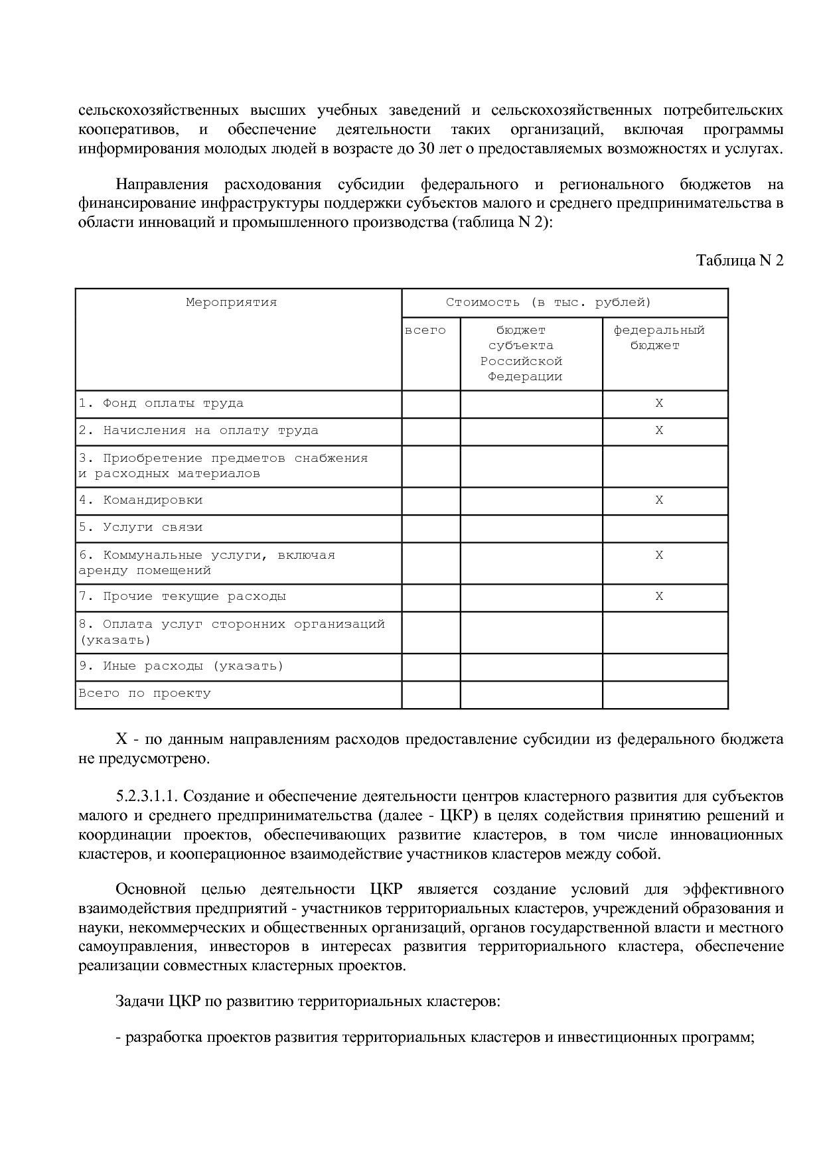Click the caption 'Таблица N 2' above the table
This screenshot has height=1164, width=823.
(x=739, y=260)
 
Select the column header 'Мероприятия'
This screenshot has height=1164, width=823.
(x=231, y=303)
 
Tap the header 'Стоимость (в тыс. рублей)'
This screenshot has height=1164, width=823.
(x=548, y=303)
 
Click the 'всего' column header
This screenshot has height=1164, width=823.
(x=425, y=330)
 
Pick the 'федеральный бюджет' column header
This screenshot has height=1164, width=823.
(x=658, y=338)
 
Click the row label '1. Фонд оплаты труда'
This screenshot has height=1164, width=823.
(x=161, y=403)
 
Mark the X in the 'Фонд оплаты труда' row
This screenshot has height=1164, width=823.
(x=659, y=403)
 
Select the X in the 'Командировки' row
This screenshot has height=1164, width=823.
(x=659, y=500)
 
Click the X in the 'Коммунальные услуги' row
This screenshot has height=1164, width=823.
(x=659, y=555)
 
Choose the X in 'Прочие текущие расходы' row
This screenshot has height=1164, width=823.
(x=659, y=597)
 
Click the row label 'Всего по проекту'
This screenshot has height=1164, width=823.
(x=145, y=693)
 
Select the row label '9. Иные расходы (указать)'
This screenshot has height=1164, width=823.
(x=181, y=666)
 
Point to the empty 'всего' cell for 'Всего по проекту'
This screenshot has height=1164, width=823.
(x=431, y=694)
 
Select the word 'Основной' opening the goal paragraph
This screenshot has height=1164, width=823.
(x=147, y=889)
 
